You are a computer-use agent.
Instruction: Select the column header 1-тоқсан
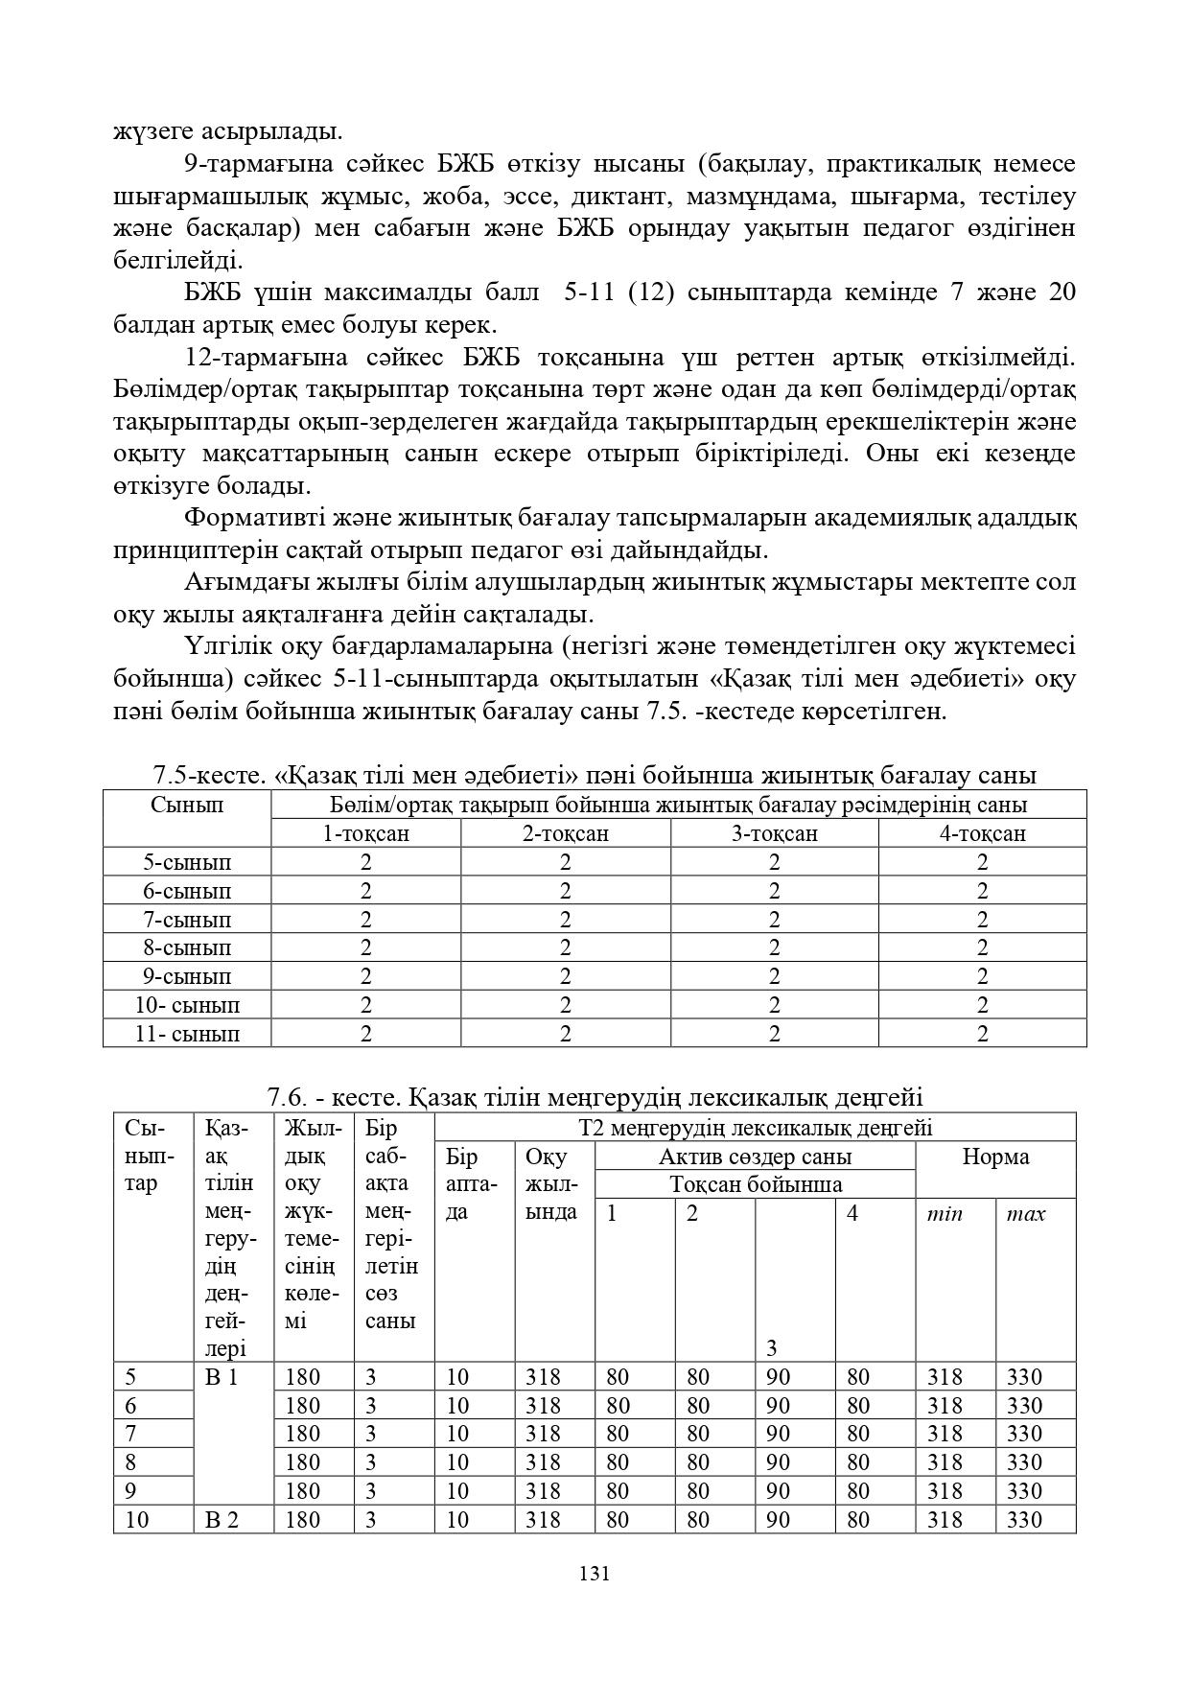point(365,833)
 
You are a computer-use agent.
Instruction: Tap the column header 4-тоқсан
point(982,833)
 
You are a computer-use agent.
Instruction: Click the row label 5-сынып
point(187,862)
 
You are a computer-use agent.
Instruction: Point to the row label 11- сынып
point(187,1034)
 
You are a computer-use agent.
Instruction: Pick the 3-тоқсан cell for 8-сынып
point(774,947)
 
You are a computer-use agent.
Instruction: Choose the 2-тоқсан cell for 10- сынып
point(565,1005)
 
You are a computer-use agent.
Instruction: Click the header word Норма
point(995,1157)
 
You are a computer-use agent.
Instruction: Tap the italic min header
point(945,1214)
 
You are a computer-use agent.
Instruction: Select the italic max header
point(1025,1214)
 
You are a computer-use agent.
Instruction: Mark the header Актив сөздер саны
point(755,1157)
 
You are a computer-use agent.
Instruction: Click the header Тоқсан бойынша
point(755,1184)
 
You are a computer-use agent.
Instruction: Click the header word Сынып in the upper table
point(187,805)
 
